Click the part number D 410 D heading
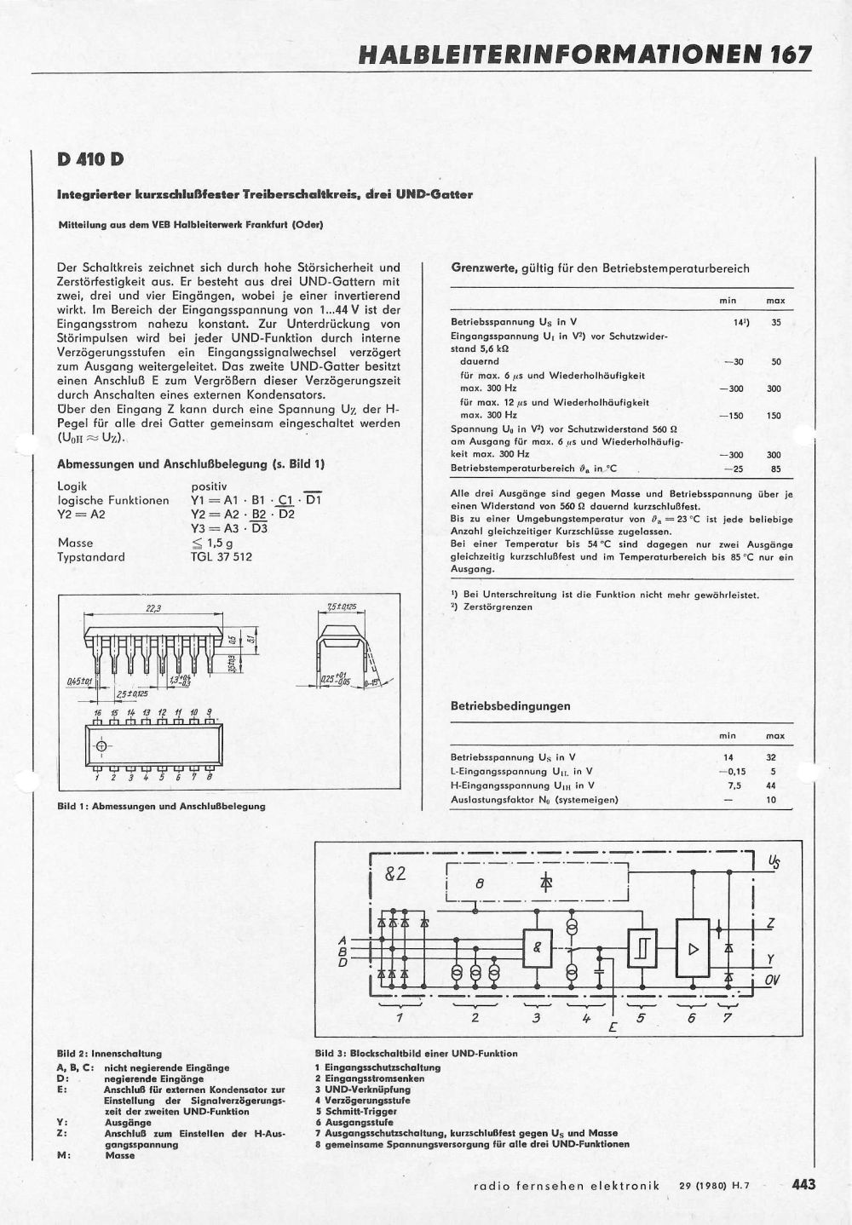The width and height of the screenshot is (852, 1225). (91, 159)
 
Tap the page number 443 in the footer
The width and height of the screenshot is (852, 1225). (804, 1184)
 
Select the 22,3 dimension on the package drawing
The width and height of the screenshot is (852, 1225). (154, 608)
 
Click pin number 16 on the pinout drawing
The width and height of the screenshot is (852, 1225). (98, 711)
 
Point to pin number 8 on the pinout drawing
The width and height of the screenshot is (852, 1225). (209, 777)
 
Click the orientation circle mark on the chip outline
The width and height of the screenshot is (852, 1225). (102, 747)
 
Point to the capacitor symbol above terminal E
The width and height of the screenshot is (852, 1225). (602, 967)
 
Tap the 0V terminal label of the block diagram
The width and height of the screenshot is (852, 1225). (772, 981)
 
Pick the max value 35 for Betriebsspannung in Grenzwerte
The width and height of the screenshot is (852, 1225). (776, 322)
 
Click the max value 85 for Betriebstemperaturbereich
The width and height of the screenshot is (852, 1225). (776, 469)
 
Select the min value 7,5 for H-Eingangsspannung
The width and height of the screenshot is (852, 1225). (728, 785)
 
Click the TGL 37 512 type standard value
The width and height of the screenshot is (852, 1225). (222, 557)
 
